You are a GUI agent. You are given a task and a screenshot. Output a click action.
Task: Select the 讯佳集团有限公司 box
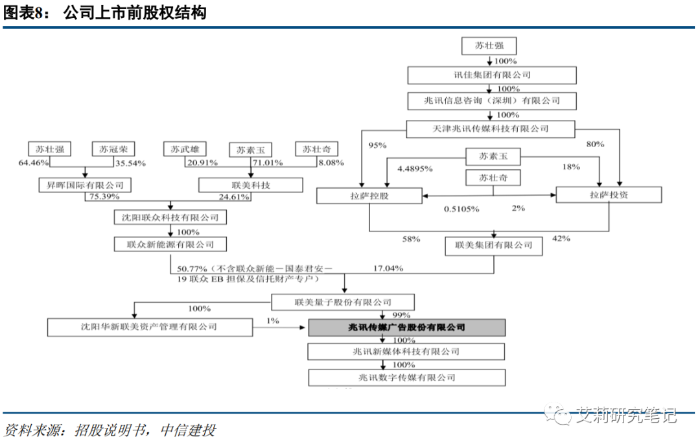pos(492,75)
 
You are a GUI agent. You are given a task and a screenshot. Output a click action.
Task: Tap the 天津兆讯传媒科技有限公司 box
pos(492,129)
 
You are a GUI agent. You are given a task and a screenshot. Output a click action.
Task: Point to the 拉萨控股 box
pos(369,194)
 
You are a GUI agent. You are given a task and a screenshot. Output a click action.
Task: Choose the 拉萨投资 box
pos(609,194)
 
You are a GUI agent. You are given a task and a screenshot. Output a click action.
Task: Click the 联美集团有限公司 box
pos(494,245)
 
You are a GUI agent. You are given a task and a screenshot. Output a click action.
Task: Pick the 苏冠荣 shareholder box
pos(113,149)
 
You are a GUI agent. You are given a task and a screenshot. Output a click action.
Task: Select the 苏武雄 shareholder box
pos(184,149)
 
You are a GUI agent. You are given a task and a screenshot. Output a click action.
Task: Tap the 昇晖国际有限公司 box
pos(85,185)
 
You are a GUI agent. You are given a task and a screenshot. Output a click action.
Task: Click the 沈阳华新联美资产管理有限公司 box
pos(150,327)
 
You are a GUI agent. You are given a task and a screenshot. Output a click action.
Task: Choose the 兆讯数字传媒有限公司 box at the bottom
pos(406,377)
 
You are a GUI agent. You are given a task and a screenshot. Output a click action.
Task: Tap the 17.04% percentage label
pos(388,268)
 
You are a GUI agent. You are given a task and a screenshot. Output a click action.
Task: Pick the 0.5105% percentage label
pos(461,209)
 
